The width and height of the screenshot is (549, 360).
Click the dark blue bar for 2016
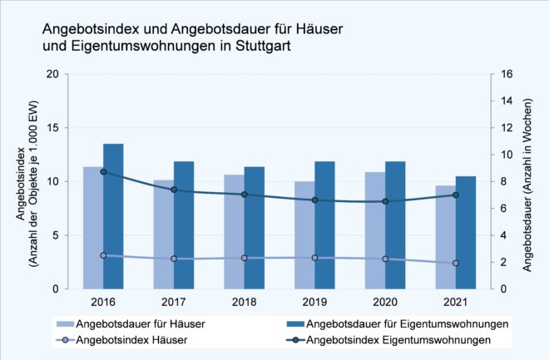coord(113,216)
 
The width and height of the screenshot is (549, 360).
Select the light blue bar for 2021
coord(445,237)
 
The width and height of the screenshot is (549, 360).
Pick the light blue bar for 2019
coord(304,234)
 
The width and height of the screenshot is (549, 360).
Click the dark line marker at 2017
coord(174,190)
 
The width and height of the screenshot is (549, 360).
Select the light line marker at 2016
coord(103,255)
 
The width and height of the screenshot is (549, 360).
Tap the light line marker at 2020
coord(385,259)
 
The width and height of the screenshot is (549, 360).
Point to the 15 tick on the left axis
coord(52,128)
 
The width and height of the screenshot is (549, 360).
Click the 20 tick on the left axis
coord(52,74)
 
